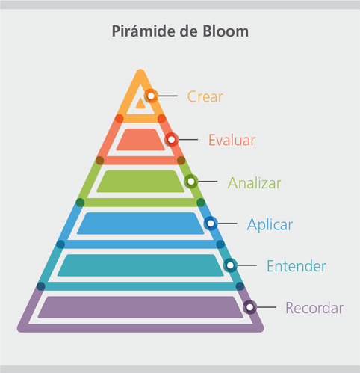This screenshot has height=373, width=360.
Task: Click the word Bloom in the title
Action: click(226, 31)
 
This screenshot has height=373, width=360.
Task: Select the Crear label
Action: click(205, 96)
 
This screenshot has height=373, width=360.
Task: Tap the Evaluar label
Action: click(232, 140)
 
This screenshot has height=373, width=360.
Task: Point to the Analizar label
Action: click(254, 183)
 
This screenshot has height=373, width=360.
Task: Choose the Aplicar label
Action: click(270, 225)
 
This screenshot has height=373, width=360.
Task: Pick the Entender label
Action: click(297, 266)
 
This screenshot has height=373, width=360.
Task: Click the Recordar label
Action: click(314, 308)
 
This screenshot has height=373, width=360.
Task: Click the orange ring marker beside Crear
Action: click(151, 96)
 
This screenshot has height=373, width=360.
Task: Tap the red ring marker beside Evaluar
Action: click(171, 140)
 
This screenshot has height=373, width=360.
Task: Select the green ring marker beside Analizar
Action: click(191, 182)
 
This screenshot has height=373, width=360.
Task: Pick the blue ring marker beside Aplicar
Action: click(211, 224)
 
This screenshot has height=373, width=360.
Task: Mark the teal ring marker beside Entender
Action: click(230, 265)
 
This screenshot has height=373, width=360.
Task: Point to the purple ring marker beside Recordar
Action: click(249, 307)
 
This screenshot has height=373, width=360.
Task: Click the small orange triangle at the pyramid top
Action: click(140, 104)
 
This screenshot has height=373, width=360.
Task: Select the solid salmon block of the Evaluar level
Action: click(140, 140)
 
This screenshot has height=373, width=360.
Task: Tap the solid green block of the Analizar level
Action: click(140, 182)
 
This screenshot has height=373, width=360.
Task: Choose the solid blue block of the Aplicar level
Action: click(140, 224)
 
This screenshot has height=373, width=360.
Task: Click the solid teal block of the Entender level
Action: click(140, 265)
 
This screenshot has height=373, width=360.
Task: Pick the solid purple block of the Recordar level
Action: click(140, 307)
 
